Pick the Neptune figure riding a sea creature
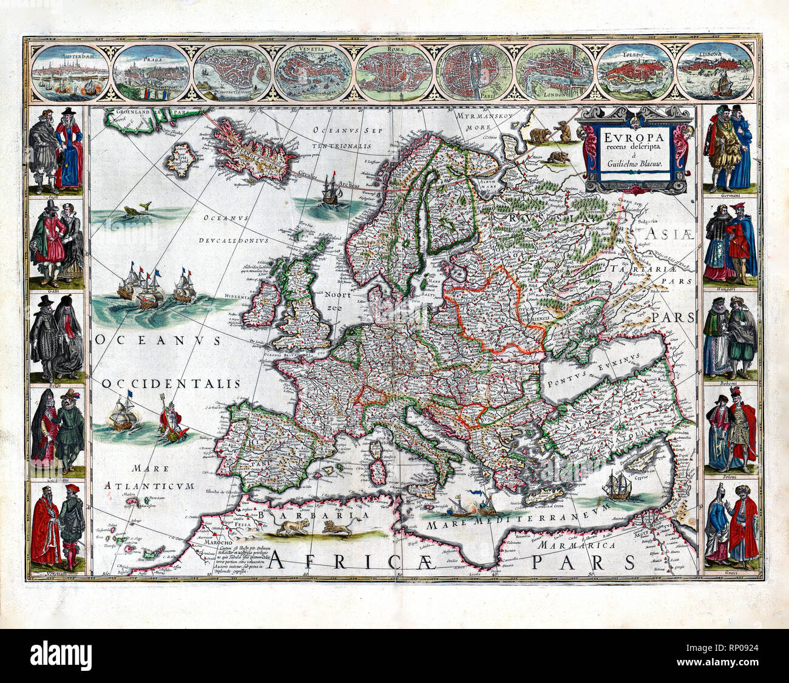click(x=171, y=418)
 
